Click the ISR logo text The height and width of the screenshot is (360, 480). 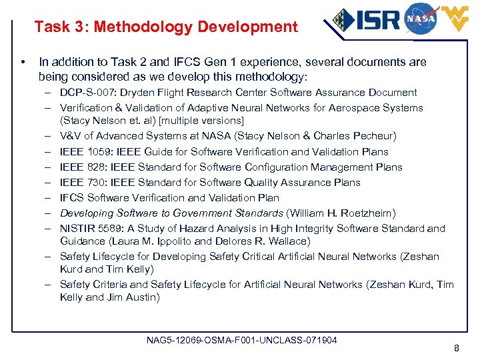coord(378,19)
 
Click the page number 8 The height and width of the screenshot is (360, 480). coord(456,348)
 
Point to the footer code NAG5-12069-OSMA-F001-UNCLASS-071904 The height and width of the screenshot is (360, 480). coord(241,340)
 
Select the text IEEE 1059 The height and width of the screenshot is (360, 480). coord(81,151)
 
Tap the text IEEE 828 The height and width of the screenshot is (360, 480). coord(79,167)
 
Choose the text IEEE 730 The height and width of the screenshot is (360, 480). coord(79,182)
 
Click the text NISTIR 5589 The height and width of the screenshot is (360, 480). coord(88,228)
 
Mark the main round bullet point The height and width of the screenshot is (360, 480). coord(23,63)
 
